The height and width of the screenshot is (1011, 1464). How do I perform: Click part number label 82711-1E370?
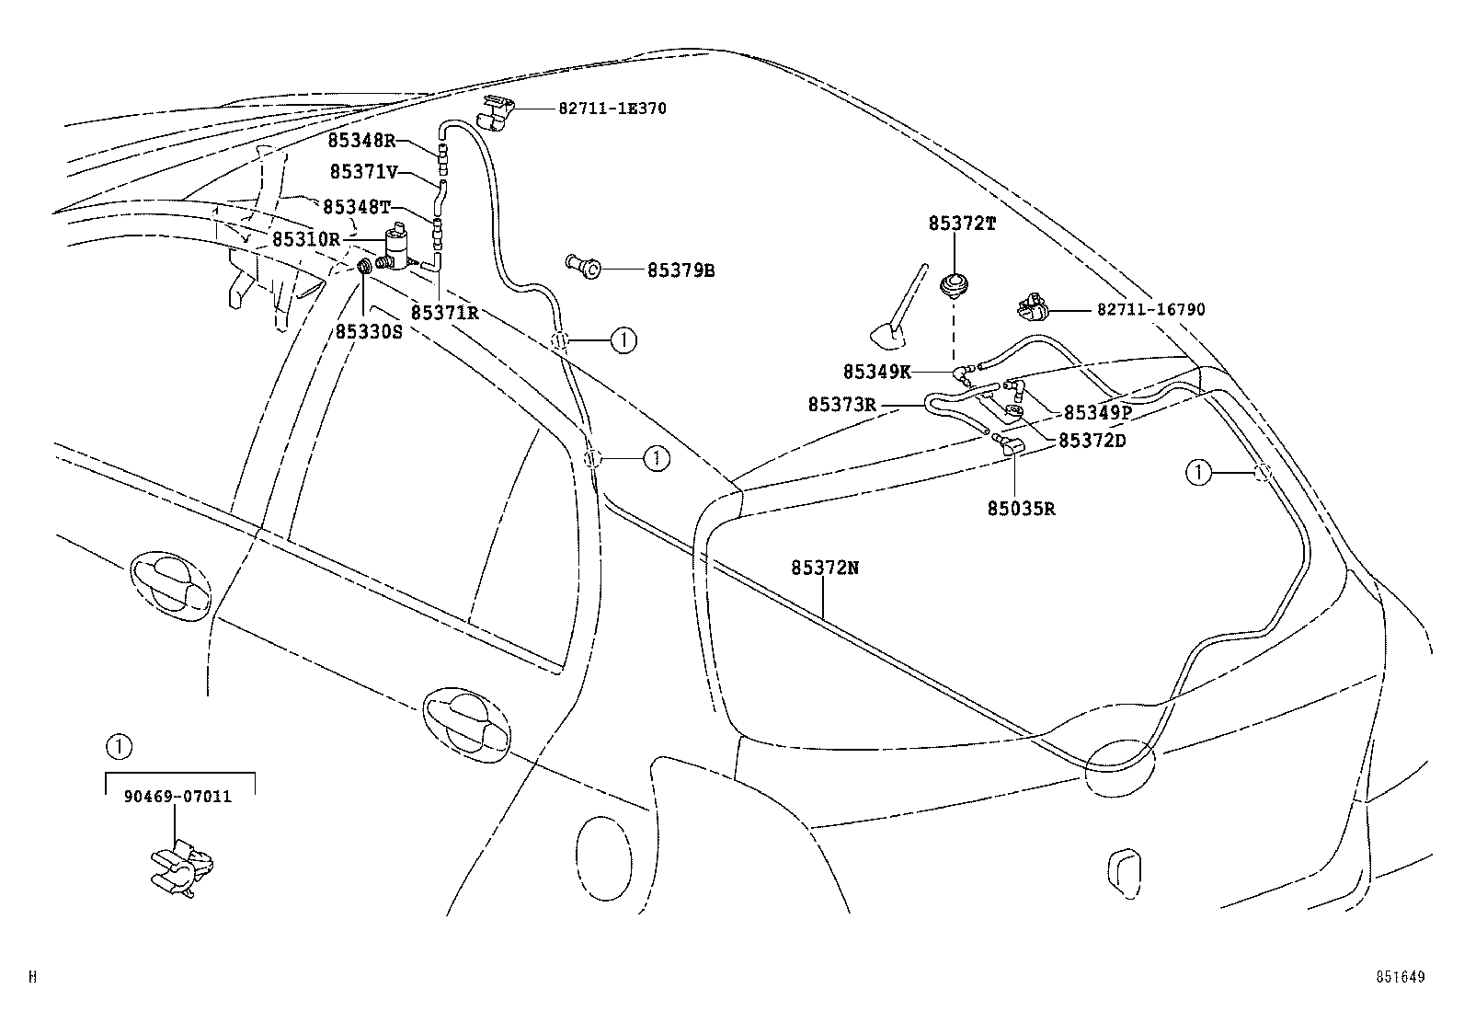pyautogui.click(x=612, y=109)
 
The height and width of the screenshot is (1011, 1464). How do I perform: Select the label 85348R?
pyautogui.click(x=360, y=141)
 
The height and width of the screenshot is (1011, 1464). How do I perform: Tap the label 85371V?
pyautogui.click(x=363, y=172)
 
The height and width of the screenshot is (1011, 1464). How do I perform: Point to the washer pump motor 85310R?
pyautogui.click(x=398, y=247)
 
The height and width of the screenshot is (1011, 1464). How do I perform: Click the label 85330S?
pyautogui.click(x=368, y=332)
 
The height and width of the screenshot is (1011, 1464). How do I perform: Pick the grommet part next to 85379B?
pyautogui.click(x=582, y=268)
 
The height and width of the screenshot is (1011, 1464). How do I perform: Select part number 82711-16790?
pyautogui.click(x=1149, y=310)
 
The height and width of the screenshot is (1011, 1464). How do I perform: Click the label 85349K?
pyautogui.click(x=876, y=372)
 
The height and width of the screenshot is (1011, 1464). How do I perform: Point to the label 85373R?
pyautogui.click(x=841, y=404)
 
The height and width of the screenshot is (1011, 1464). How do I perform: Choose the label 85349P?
pyautogui.click(x=1097, y=413)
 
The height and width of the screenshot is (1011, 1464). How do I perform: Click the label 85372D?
pyautogui.click(x=1092, y=441)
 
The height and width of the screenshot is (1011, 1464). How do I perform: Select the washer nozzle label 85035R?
pyautogui.click(x=1021, y=508)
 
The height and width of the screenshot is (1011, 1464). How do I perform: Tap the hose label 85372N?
pyautogui.click(x=824, y=569)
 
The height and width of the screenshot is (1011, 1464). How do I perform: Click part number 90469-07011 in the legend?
pyautogui.click(x=177, y=797)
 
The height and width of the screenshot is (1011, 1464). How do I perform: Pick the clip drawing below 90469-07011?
pyautogui.click(x=182, y=867)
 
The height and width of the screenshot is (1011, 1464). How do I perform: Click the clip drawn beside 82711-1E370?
pyautogui.click(x=498, y=111)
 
